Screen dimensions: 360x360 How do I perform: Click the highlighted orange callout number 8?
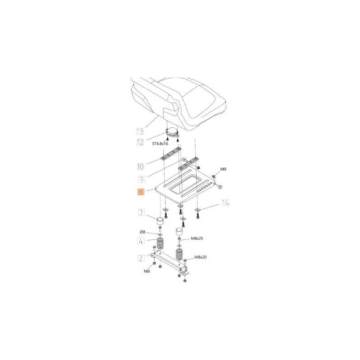[141, 193]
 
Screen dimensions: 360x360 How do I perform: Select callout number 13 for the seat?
[140, 131]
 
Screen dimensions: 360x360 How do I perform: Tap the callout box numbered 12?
[140, 143]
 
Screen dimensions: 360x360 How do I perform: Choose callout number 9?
[141, 179]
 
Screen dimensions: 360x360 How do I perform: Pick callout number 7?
[141, 212]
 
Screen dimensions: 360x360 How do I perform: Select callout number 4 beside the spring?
[141, 241]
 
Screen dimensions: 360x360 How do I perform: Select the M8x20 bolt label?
[201, 257]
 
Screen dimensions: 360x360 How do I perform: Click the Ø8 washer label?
[142, 232]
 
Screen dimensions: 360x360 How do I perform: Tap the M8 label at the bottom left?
[147, 272]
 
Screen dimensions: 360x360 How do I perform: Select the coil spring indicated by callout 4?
[161, 247]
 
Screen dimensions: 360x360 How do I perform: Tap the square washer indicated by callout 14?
[198, 209]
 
